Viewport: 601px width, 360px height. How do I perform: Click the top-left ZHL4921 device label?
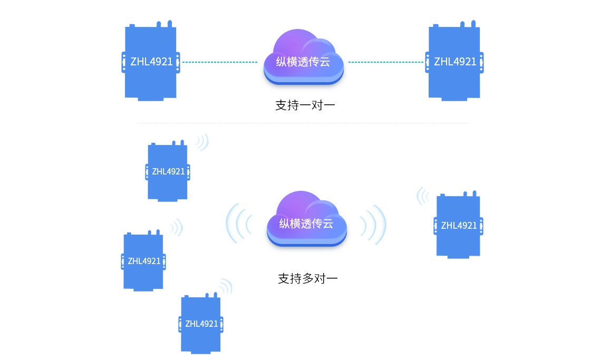point(151,62)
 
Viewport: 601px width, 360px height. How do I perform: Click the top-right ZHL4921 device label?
point(455,62)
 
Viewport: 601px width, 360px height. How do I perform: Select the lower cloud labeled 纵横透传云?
point(306,221)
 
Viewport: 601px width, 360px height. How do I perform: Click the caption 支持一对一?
point(305,105)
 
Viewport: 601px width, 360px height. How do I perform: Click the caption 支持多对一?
point(307,278)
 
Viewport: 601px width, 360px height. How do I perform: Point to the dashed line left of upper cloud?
point(219,62)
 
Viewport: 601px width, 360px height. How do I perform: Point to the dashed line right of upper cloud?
point(386,62)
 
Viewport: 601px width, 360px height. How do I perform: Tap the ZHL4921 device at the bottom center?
point(201,324)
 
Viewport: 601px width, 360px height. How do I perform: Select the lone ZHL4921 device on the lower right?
point(459,226)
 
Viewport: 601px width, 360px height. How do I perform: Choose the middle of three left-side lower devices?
point(144,261)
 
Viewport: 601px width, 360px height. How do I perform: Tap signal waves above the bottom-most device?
point(226,286)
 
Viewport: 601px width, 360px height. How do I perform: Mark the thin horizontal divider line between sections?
point(303,123)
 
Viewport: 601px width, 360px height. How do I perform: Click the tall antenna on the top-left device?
point(169,24)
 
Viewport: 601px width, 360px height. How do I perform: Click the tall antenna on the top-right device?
point(473,24)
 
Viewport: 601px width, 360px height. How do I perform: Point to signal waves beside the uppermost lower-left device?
point(202,142)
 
